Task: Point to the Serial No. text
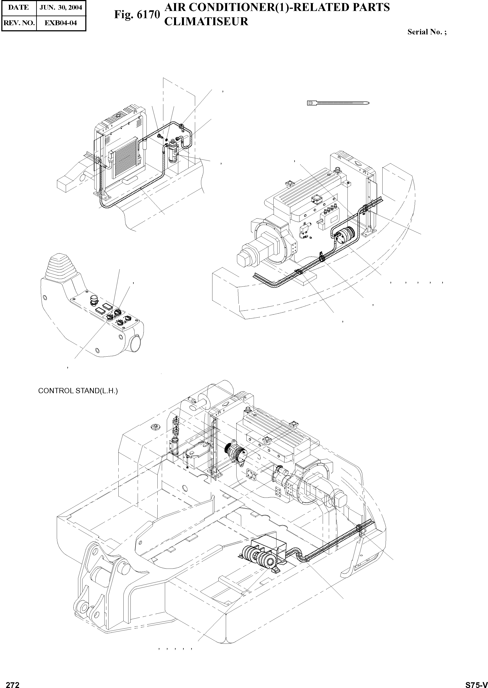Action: [x=427, y=32]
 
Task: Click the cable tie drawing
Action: [x=338, y=103]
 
